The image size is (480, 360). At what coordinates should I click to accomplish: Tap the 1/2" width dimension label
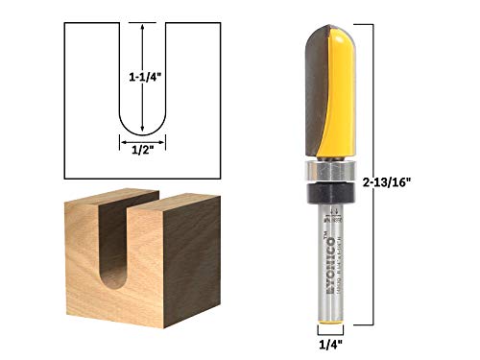[142, 149]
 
